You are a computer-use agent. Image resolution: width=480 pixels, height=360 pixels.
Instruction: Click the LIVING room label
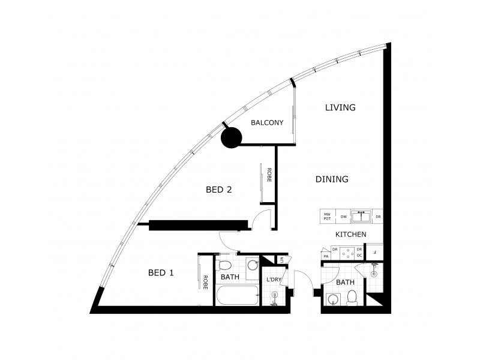(x=340, y=108)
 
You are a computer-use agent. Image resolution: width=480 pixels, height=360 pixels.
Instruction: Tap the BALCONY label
(x=267, y=123)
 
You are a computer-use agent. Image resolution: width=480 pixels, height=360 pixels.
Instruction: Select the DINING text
(x=332, y=179)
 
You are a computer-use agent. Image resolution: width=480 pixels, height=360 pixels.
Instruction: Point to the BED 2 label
(x=219, y=190)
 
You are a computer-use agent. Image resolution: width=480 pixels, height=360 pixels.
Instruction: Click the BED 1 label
(x=161, y=273)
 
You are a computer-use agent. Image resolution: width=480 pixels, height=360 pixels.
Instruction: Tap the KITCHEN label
(x=350, y=235)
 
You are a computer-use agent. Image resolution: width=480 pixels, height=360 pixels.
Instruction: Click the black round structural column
(x=231, y=139)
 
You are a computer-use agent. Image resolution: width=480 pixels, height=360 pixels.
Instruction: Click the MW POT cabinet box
(x=328, y=216)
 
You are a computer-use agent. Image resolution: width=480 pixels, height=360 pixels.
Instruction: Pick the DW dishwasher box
(x=344, y=216)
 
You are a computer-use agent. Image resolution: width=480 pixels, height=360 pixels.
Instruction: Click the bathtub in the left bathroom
(x=238, y=296)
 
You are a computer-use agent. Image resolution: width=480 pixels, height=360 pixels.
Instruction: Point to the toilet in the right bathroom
(x=353, y=297)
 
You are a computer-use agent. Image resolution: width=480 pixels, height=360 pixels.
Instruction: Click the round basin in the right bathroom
(x=332, y=298)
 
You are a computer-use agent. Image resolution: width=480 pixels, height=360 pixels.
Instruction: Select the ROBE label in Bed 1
(x=205, y=282)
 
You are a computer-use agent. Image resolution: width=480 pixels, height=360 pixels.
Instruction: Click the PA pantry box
(x=326, y=256)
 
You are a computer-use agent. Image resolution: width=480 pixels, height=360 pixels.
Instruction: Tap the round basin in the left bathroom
(x=252, y=265)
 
